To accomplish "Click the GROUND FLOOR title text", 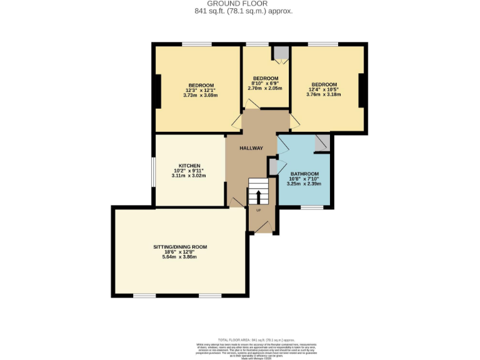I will click(x=241, y=4).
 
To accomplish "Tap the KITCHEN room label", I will click(x=189, y=165).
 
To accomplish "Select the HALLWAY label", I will click(x=251, y=148).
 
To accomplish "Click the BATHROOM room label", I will click(x=304, y=173).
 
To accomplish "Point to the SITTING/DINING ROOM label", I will click(x=180, y=247).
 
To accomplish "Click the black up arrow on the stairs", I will click(x=257, y=196).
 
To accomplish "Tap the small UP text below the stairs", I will click(x=258, y=210).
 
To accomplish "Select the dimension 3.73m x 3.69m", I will click(x=201, y=96).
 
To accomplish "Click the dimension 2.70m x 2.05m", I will click(x=266, y=89).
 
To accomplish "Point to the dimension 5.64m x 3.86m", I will click(x=180, y=257).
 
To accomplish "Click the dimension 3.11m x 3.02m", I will click(x=189, y=176).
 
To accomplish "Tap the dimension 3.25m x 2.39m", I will click(x=304, y=184).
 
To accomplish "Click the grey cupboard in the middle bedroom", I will click(x=281, y=53).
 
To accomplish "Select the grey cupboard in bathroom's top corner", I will click(x=322, y=143).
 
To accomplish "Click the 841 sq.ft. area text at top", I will click(x=241, y=11).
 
